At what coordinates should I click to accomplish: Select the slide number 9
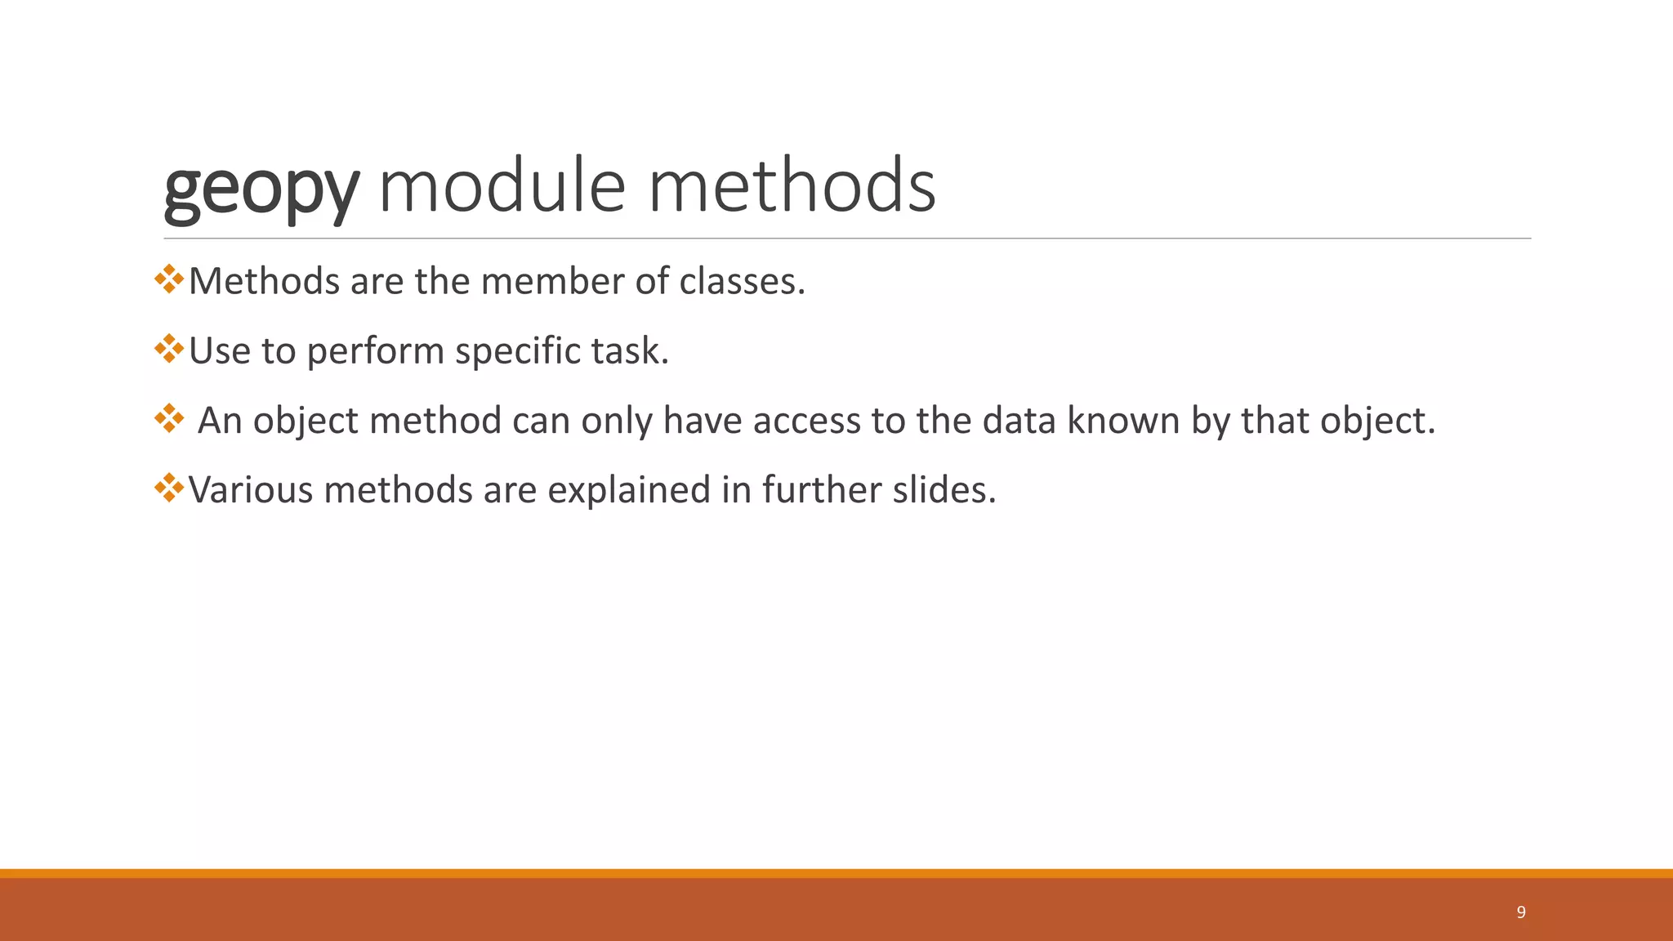1520,912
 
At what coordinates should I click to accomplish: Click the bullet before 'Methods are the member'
168,279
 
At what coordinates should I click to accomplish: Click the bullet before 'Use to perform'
168,349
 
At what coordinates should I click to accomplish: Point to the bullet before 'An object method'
168,418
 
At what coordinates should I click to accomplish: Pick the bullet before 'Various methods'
168,488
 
